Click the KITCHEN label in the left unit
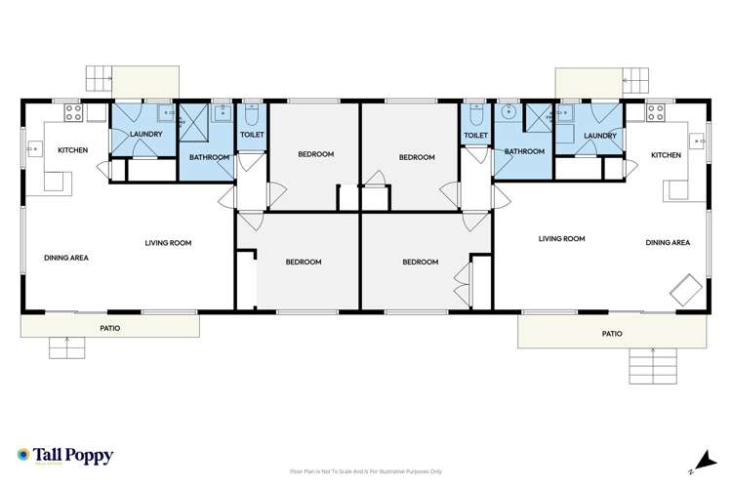coord(73,150)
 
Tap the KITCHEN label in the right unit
coord(666,155)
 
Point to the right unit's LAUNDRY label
coord(600,136)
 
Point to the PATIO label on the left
coord(110,328)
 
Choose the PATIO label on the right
coord(612,333)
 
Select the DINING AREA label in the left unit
coord(66,258)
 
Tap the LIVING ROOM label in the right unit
coord(561,238)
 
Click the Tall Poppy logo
coord(65,456)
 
